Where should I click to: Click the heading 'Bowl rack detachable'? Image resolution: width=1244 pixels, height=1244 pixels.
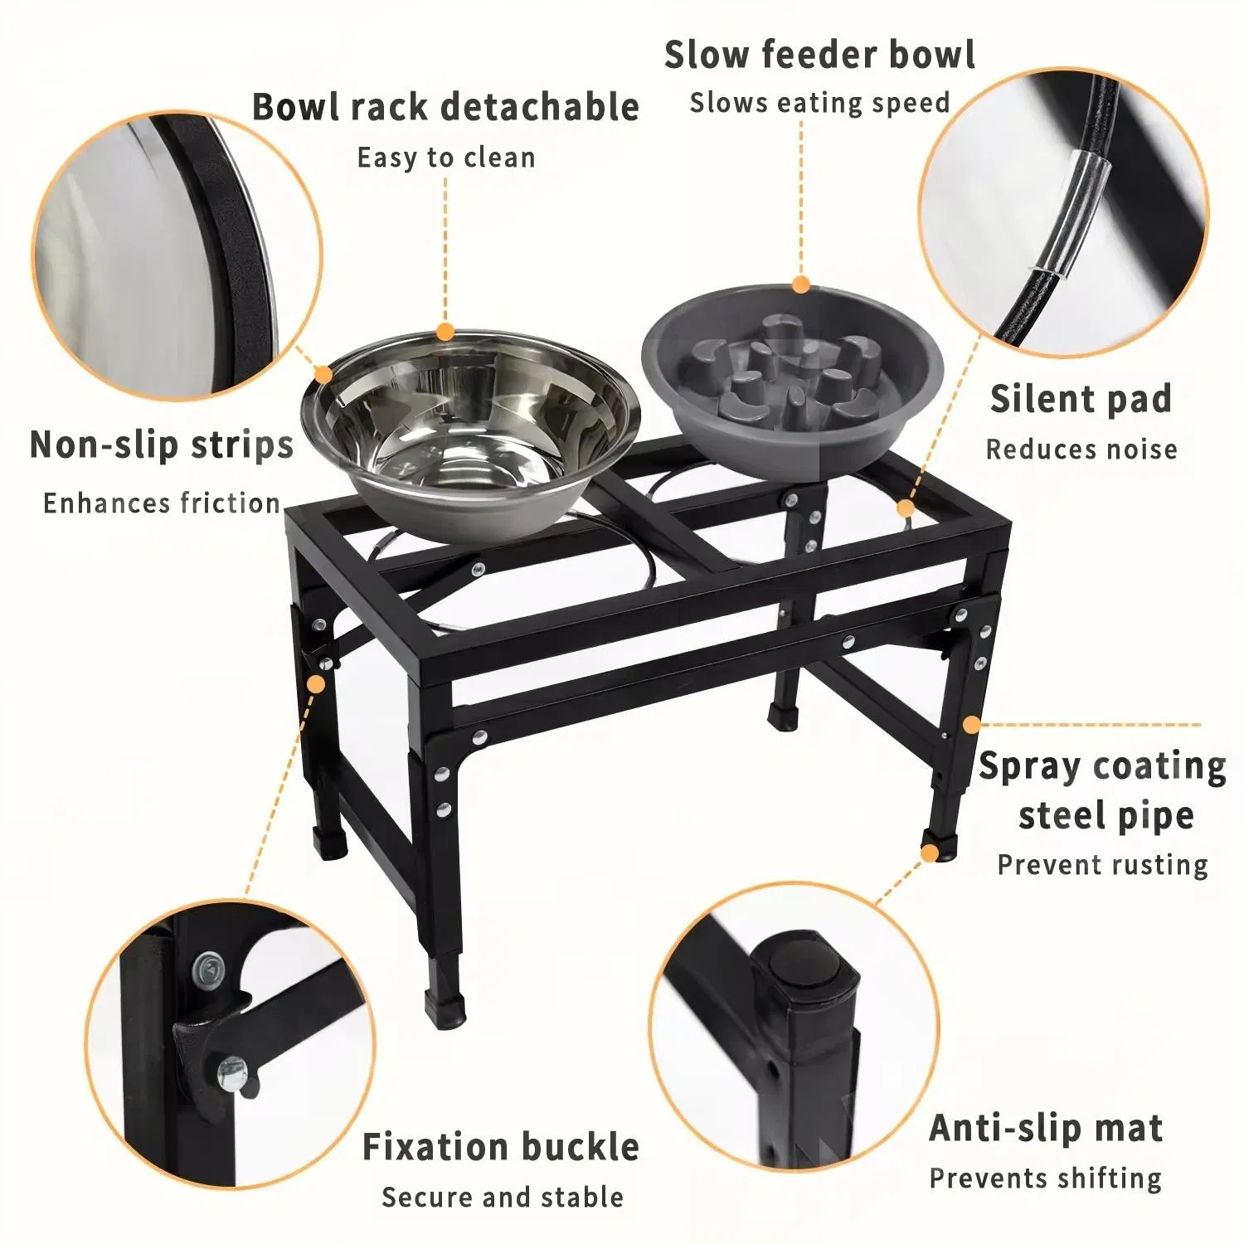coord(445,108)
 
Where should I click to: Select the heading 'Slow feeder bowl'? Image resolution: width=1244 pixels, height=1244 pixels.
coord(819,56)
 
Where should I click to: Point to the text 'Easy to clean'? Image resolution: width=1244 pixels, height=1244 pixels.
coord(445,158)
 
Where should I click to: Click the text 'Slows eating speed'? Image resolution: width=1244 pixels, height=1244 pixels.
coord(819,104)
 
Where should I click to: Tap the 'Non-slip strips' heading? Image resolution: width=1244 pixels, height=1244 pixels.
coord(162,445)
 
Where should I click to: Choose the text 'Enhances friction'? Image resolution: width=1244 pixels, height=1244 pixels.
coord(162,503)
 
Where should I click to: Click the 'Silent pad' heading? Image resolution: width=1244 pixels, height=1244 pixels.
coord(1081,400)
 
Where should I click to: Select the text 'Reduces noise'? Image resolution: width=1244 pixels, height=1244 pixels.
coord(1081,449)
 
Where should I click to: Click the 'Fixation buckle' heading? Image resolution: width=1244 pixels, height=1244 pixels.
coord(501,1148)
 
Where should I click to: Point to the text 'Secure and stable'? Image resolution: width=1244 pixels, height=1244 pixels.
coord(503,1198)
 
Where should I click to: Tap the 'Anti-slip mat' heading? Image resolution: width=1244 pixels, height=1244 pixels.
coord(1046,1129)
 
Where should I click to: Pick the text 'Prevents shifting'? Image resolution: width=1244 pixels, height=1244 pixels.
coord(1046,1178)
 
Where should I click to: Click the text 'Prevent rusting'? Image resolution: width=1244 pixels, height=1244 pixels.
coord(1102,865)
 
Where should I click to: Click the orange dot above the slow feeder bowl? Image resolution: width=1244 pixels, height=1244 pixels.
coord(800,285)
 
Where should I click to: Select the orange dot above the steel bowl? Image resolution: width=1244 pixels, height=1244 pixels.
coord(445,333)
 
